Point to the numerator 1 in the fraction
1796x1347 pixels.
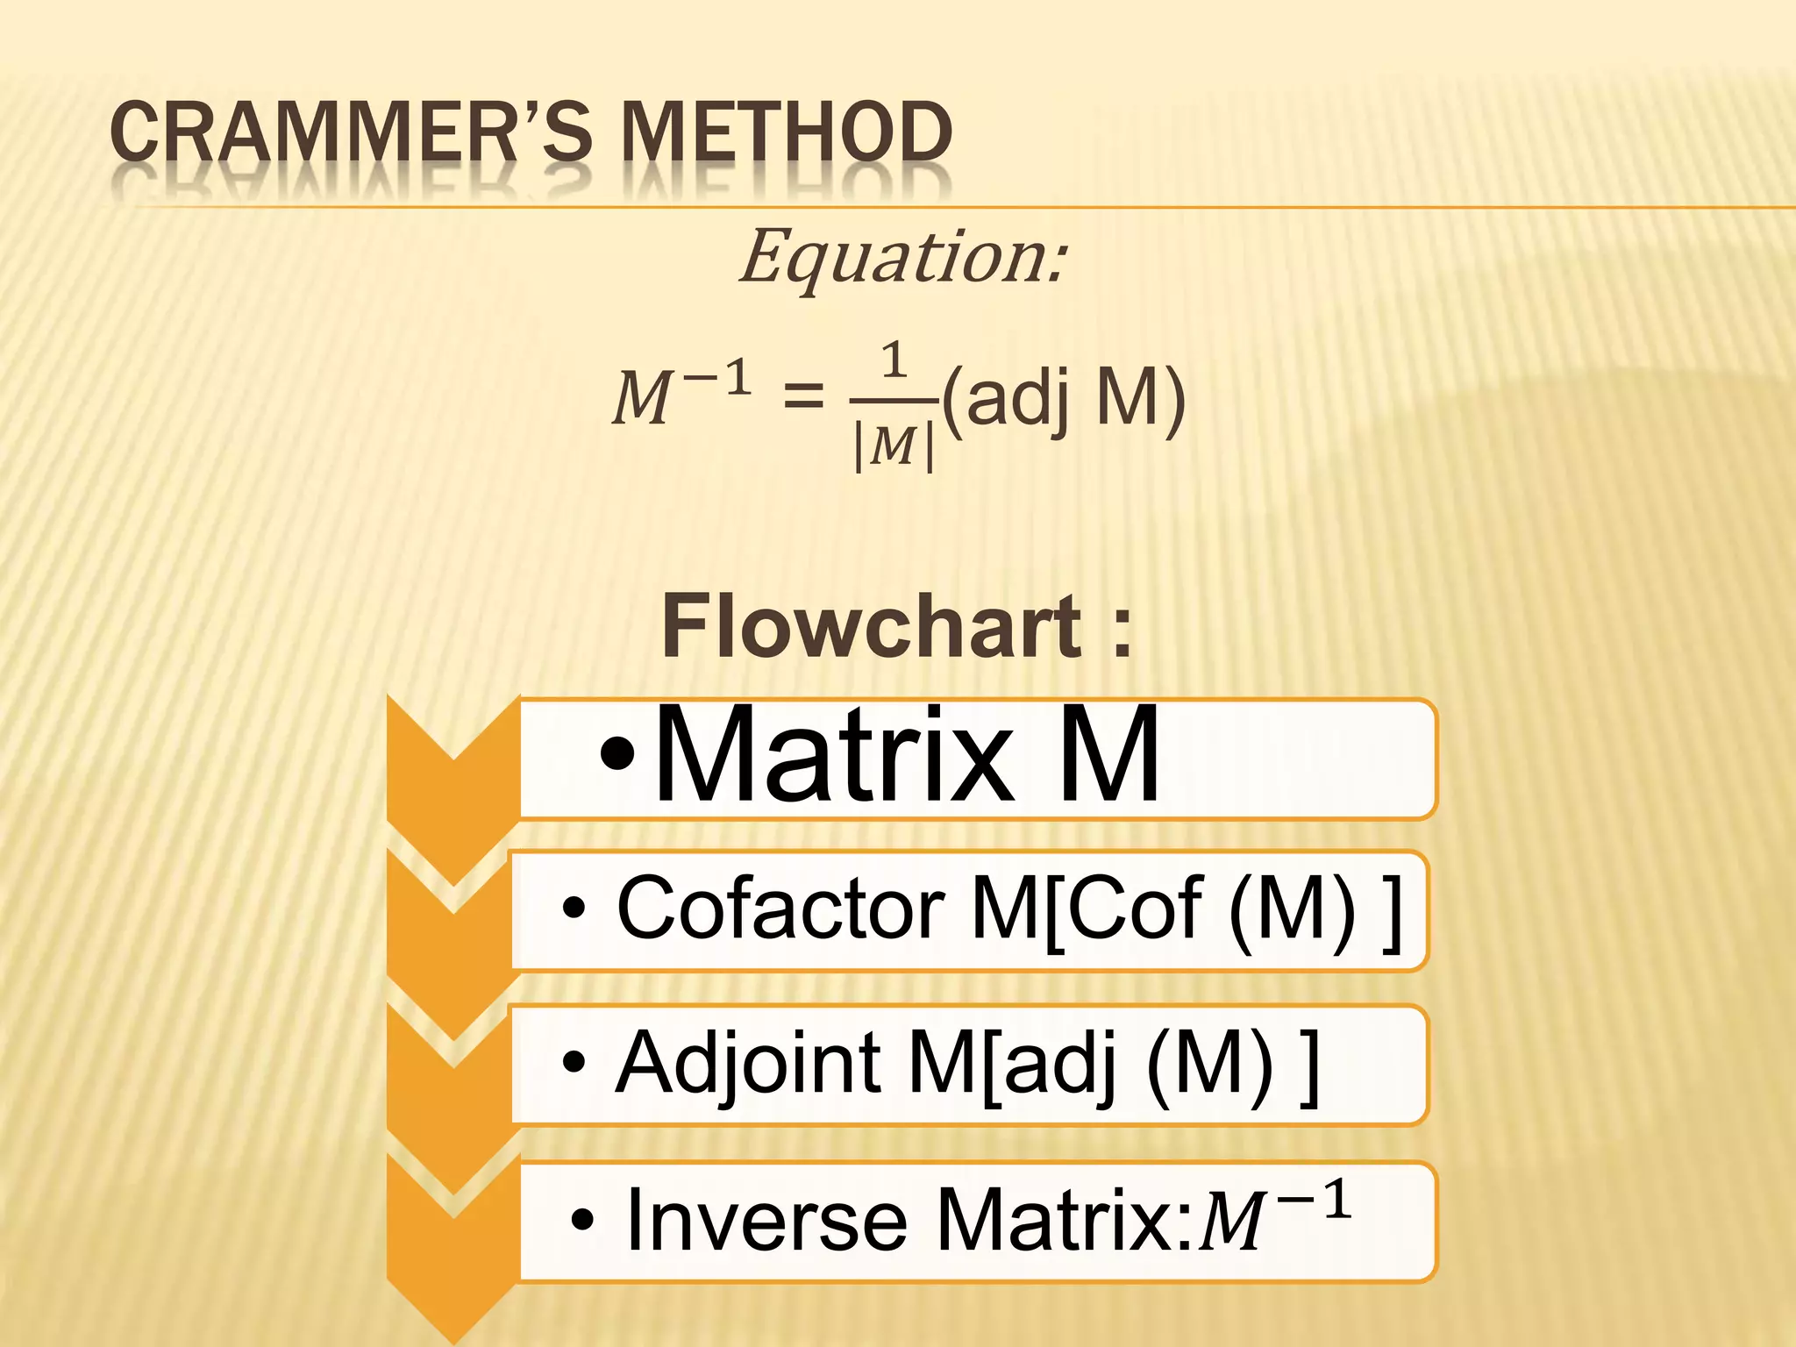click(894, 360)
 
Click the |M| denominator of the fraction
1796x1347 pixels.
click(894, 445)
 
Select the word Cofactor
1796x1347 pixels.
click(780, 908)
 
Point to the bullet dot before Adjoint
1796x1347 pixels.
click(574, 1064)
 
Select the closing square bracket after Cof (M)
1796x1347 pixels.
click(1391, 912)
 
